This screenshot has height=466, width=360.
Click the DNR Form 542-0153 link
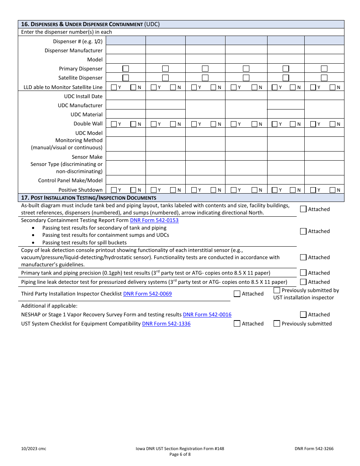[x=154, y=220]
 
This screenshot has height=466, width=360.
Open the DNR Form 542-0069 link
[x=147, y=294]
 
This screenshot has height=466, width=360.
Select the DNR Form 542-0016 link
[x=207, y=314]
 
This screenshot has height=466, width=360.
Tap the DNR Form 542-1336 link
[x=166, y=324]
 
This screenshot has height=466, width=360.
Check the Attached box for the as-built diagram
[x=303, y=209]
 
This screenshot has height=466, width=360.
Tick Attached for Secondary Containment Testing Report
[x=303, y=231]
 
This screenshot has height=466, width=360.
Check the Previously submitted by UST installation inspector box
[x=277, y=291]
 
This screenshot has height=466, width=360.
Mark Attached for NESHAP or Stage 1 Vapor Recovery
[x=303, y=314]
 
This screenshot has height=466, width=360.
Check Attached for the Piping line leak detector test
[x=303, y=282]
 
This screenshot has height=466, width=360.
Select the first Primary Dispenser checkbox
[x=126, y=69]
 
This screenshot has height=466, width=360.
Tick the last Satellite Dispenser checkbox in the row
[x=324, y=78]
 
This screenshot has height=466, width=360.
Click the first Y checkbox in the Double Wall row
[x=114, y=124]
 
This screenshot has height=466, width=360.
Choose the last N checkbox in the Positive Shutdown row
[x=332, y=190]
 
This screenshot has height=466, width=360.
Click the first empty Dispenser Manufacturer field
[x=125, y=50]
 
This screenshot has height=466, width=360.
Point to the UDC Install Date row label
[x=83, y=96]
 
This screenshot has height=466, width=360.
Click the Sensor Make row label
[x=87, y=157]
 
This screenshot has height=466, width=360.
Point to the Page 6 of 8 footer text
[x=180, y=455]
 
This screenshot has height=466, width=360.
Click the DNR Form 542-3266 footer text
[x=314, y=449]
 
